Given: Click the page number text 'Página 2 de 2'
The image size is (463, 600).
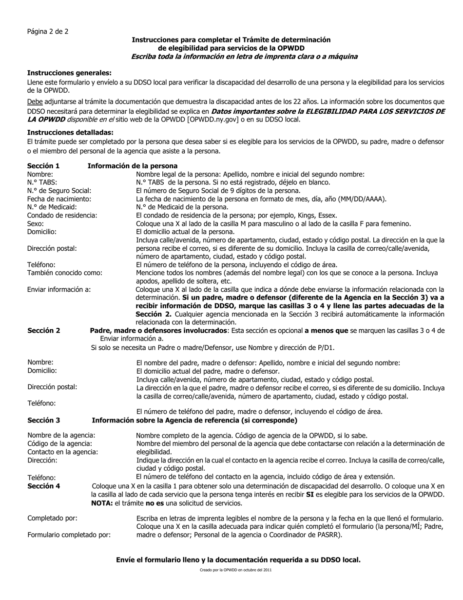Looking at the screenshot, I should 48,31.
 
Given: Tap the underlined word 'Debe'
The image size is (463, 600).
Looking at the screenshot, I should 35,102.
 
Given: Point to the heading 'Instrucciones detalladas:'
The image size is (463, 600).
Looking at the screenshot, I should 70,132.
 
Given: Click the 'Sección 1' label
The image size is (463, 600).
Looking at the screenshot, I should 43,166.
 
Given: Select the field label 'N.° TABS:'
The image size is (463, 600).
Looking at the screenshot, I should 42,182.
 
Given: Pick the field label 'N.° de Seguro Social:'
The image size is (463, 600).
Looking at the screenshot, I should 59,191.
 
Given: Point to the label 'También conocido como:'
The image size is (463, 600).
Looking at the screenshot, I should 64,273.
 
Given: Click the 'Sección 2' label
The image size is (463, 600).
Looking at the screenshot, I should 43,330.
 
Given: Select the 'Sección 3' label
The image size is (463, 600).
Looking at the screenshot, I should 43,420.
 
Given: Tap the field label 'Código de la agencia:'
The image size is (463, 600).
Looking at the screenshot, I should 59,443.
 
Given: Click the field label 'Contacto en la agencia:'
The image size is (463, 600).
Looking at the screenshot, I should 62,452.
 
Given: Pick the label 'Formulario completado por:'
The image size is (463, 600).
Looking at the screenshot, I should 69,535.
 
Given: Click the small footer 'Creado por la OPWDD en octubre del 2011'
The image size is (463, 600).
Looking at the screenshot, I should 235,570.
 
